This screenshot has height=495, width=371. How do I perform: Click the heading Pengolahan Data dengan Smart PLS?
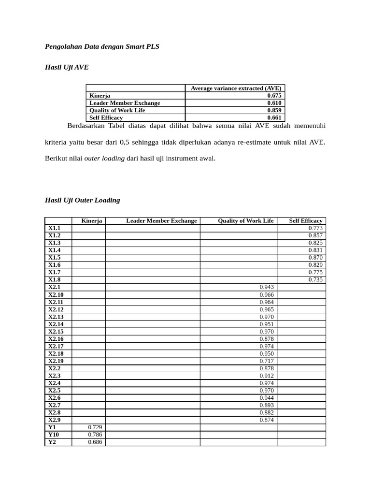click(x=102, y=47)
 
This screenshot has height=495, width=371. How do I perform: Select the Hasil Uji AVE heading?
click(x=67, y=68)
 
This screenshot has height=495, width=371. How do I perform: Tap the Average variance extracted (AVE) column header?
click(x=235, y=88)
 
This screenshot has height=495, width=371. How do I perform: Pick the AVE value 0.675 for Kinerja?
click(x=274, y=96)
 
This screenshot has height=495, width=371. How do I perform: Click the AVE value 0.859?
click(x=274, y=110)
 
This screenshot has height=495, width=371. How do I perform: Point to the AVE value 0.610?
click(x=274, y=103)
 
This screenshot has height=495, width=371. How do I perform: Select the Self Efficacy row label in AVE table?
click(x=106, y=117)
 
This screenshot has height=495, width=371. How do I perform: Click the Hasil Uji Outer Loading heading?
click(x=82, y=200)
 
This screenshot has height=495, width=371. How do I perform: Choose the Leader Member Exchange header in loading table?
click(x=161, y=221)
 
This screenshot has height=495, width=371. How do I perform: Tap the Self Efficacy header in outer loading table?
click(x=305, y=221)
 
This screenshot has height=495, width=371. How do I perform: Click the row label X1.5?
click(x=54, y=258)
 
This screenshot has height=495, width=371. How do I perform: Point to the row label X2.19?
click(x=56, y=361)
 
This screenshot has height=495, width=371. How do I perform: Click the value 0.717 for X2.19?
click(x=266, y=361)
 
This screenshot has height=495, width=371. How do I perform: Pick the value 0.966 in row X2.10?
click(x=266, y=295)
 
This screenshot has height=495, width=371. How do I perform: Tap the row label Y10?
click(x=53, y=435)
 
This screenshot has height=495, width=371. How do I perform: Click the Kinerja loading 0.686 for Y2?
click(x=95, y=442)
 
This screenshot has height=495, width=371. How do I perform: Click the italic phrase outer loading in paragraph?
click(x=104, y=158)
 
